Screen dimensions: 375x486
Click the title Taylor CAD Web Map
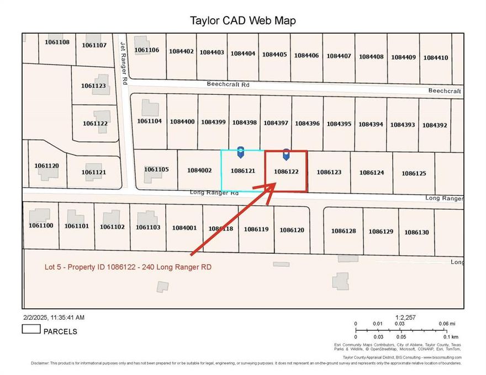243,21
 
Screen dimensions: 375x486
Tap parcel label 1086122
286,172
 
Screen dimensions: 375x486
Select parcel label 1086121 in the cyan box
242,171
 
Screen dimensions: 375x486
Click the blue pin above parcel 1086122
286,153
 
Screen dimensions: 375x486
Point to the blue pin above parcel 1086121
240,151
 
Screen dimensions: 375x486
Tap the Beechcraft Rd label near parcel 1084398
228,85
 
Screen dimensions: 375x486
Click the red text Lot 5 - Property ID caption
128,267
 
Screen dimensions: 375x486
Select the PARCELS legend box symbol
31,329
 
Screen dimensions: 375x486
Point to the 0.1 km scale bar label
451,336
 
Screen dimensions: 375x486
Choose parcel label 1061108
57,42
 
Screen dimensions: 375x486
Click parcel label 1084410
436,57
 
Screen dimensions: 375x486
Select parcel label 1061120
46,165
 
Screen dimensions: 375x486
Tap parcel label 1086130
416,232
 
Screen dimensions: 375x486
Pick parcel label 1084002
199,170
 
